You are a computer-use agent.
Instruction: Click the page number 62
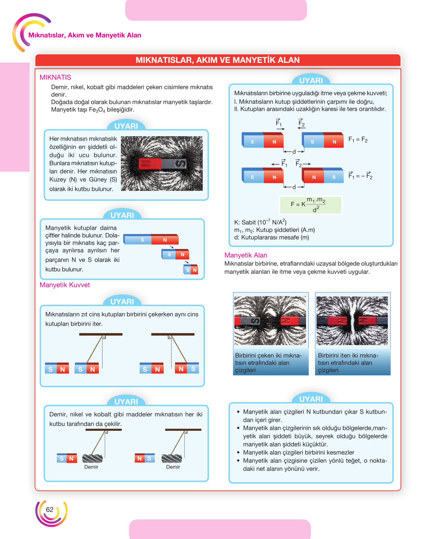tap(50, 509)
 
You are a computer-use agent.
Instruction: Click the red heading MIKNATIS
tap(55, 77)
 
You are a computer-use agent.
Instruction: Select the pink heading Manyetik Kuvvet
tap(65, 285)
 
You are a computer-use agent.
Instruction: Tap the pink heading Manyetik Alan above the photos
tap(246, 255)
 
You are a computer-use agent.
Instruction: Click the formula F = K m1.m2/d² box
tap(310, 205)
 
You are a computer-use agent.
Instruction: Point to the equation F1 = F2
tap(358, 140)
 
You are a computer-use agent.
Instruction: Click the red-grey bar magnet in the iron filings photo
tap(162, 164)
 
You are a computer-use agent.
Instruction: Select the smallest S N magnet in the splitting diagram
tap(191, 270)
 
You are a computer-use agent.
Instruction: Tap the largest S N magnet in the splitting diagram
tap(151, 239)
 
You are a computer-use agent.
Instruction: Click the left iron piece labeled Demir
tap(92, 459)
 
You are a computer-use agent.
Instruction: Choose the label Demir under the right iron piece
tap(173, 467)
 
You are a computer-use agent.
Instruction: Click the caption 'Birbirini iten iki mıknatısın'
tap(348, 359)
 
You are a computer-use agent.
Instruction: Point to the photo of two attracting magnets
tap(270, 321)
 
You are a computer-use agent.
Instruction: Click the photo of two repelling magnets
tap(352, 321)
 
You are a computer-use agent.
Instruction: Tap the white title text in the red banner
tap(218, 60)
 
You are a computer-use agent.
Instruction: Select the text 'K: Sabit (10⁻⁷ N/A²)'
tap(260, 222)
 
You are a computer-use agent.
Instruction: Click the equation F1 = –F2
tap(360, 176)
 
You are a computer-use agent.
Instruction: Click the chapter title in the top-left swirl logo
tap(85, 35)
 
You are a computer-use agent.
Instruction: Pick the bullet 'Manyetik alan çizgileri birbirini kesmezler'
tap(299, 452)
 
